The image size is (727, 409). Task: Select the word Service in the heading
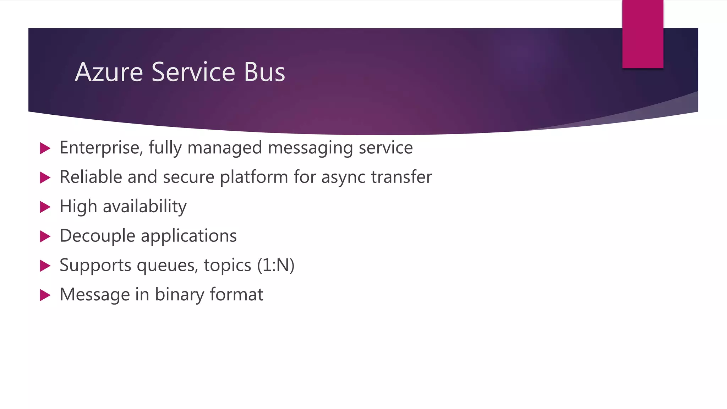[193, 72]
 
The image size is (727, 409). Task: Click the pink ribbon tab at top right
[643, 34]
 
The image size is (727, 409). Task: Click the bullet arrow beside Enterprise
[45, 148]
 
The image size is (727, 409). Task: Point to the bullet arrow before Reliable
[45, 178]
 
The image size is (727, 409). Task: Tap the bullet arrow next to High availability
[45, 207]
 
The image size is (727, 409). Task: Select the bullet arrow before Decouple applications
[45, 236]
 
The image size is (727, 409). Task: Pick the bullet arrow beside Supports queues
[45, 266]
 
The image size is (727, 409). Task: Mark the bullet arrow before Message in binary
[45, 295]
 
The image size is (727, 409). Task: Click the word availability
[144, 207]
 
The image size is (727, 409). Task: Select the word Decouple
[97, 236]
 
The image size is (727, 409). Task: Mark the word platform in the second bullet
[254, 177]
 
